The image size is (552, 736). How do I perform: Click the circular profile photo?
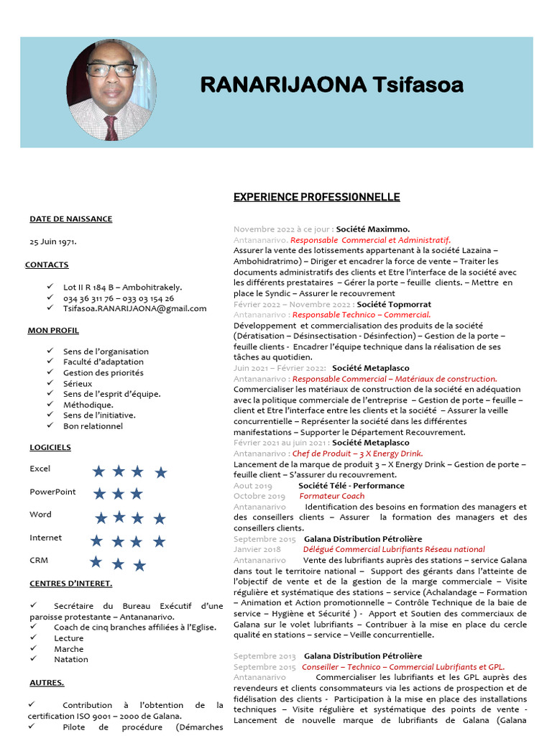tap(111, 91)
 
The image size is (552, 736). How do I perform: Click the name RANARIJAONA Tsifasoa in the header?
tap(331, 85)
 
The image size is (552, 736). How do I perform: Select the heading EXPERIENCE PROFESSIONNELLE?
tap(316, 197)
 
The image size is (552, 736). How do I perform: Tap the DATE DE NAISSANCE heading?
tap(70, 219)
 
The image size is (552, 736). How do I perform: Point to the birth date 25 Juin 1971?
tap(53, 241)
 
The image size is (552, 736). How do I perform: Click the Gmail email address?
tap(134, 308)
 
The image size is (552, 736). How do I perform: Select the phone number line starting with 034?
tap(118, 298)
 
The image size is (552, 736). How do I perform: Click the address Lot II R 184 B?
tap(122, 287)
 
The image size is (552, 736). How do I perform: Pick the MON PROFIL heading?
tap(53, 331)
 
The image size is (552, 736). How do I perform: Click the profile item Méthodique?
tap(88, 405)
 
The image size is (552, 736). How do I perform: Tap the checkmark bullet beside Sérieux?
tap(50, 383)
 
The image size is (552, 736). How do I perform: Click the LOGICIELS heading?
tap(50, 447)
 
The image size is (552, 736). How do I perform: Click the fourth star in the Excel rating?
tap(160, 472)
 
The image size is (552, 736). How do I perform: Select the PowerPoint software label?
tap(52, 492)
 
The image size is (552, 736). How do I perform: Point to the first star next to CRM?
tap(96, 562)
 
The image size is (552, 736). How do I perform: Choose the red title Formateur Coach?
tap(331, 496)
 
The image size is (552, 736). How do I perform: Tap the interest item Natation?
tap(70, 659)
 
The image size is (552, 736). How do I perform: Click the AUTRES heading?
tap(47, 682)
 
